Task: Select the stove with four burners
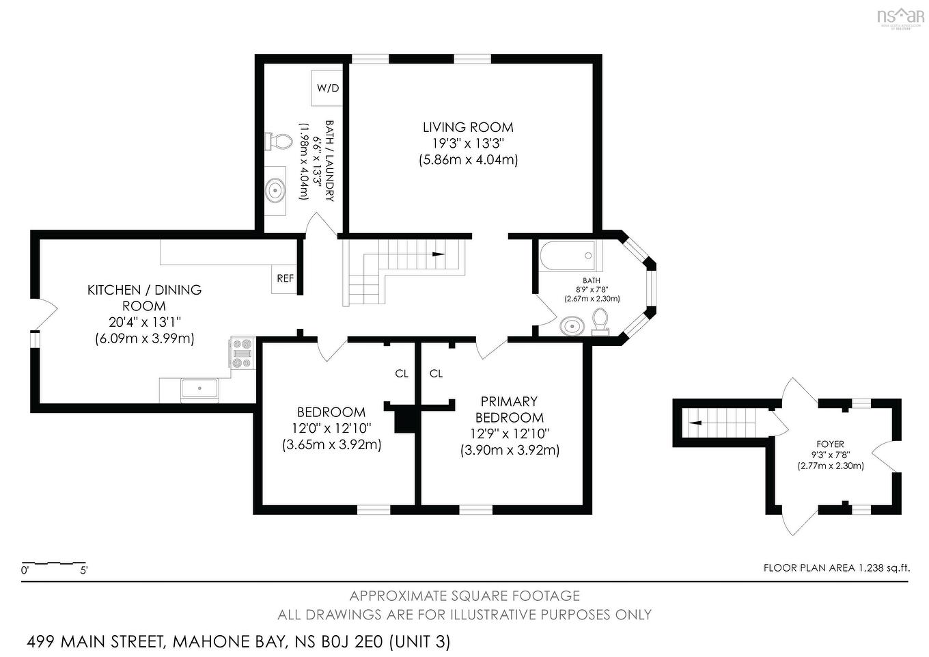(x=242, y=353)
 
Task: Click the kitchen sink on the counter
(x=199, y=389)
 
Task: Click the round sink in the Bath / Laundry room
(x=276, y=189)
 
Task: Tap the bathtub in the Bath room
(x=567, y=256)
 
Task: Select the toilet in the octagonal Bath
(x=600, y=321)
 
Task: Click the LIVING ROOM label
(x=468, y=127)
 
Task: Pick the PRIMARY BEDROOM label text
(x=510, y=410)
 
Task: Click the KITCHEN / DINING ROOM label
(x=144, y=298)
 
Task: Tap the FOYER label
(x=830, y=444)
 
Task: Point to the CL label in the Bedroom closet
(x=402, y=373)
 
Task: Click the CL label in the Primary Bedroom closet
(x=436, y=373)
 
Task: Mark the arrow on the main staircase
(x=437, y=254)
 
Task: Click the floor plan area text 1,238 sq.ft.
(x=836, y=567)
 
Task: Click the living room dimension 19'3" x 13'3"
(x=468, y=144)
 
